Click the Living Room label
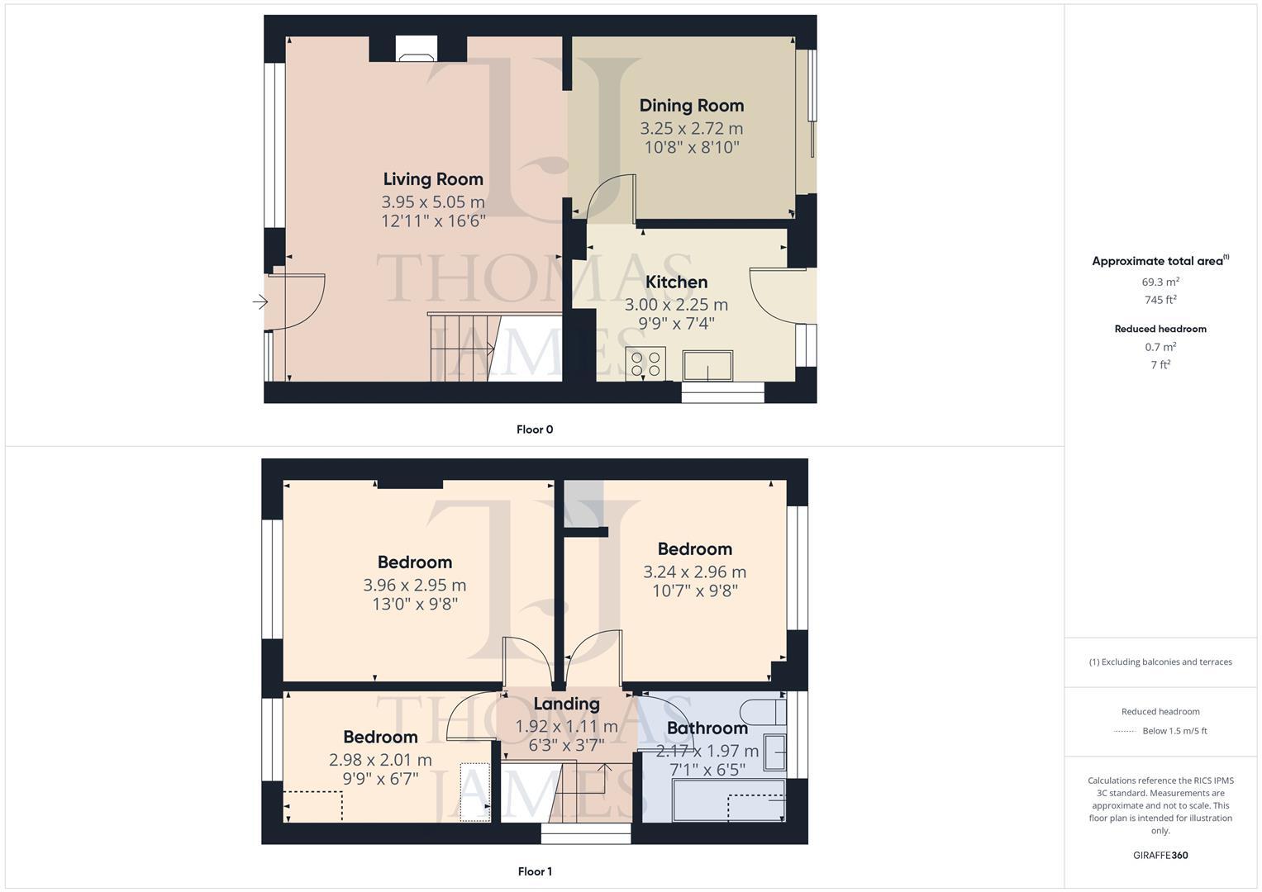tap(433, 179)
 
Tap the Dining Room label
tap(691, 106)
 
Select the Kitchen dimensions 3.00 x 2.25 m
tap(676, 305)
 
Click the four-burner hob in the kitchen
tap(645, 364)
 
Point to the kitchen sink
tap(707, 365)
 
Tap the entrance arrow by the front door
tap(260, 302)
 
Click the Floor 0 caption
tap(535, 429)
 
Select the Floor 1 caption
tap(535, 871)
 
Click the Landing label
tap(566, 704)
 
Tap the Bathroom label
tap(707, 728)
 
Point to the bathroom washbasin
tap(775, 752)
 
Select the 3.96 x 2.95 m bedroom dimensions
tap(415, 586)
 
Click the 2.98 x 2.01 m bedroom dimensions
tap(380, 760)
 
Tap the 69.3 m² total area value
tap(1160, 282)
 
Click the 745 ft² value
tap(1160, 301)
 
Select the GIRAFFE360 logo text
tap(1160, 856)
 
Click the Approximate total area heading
tap(1158, 261)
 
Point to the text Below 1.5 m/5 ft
tap(1174, 731)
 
